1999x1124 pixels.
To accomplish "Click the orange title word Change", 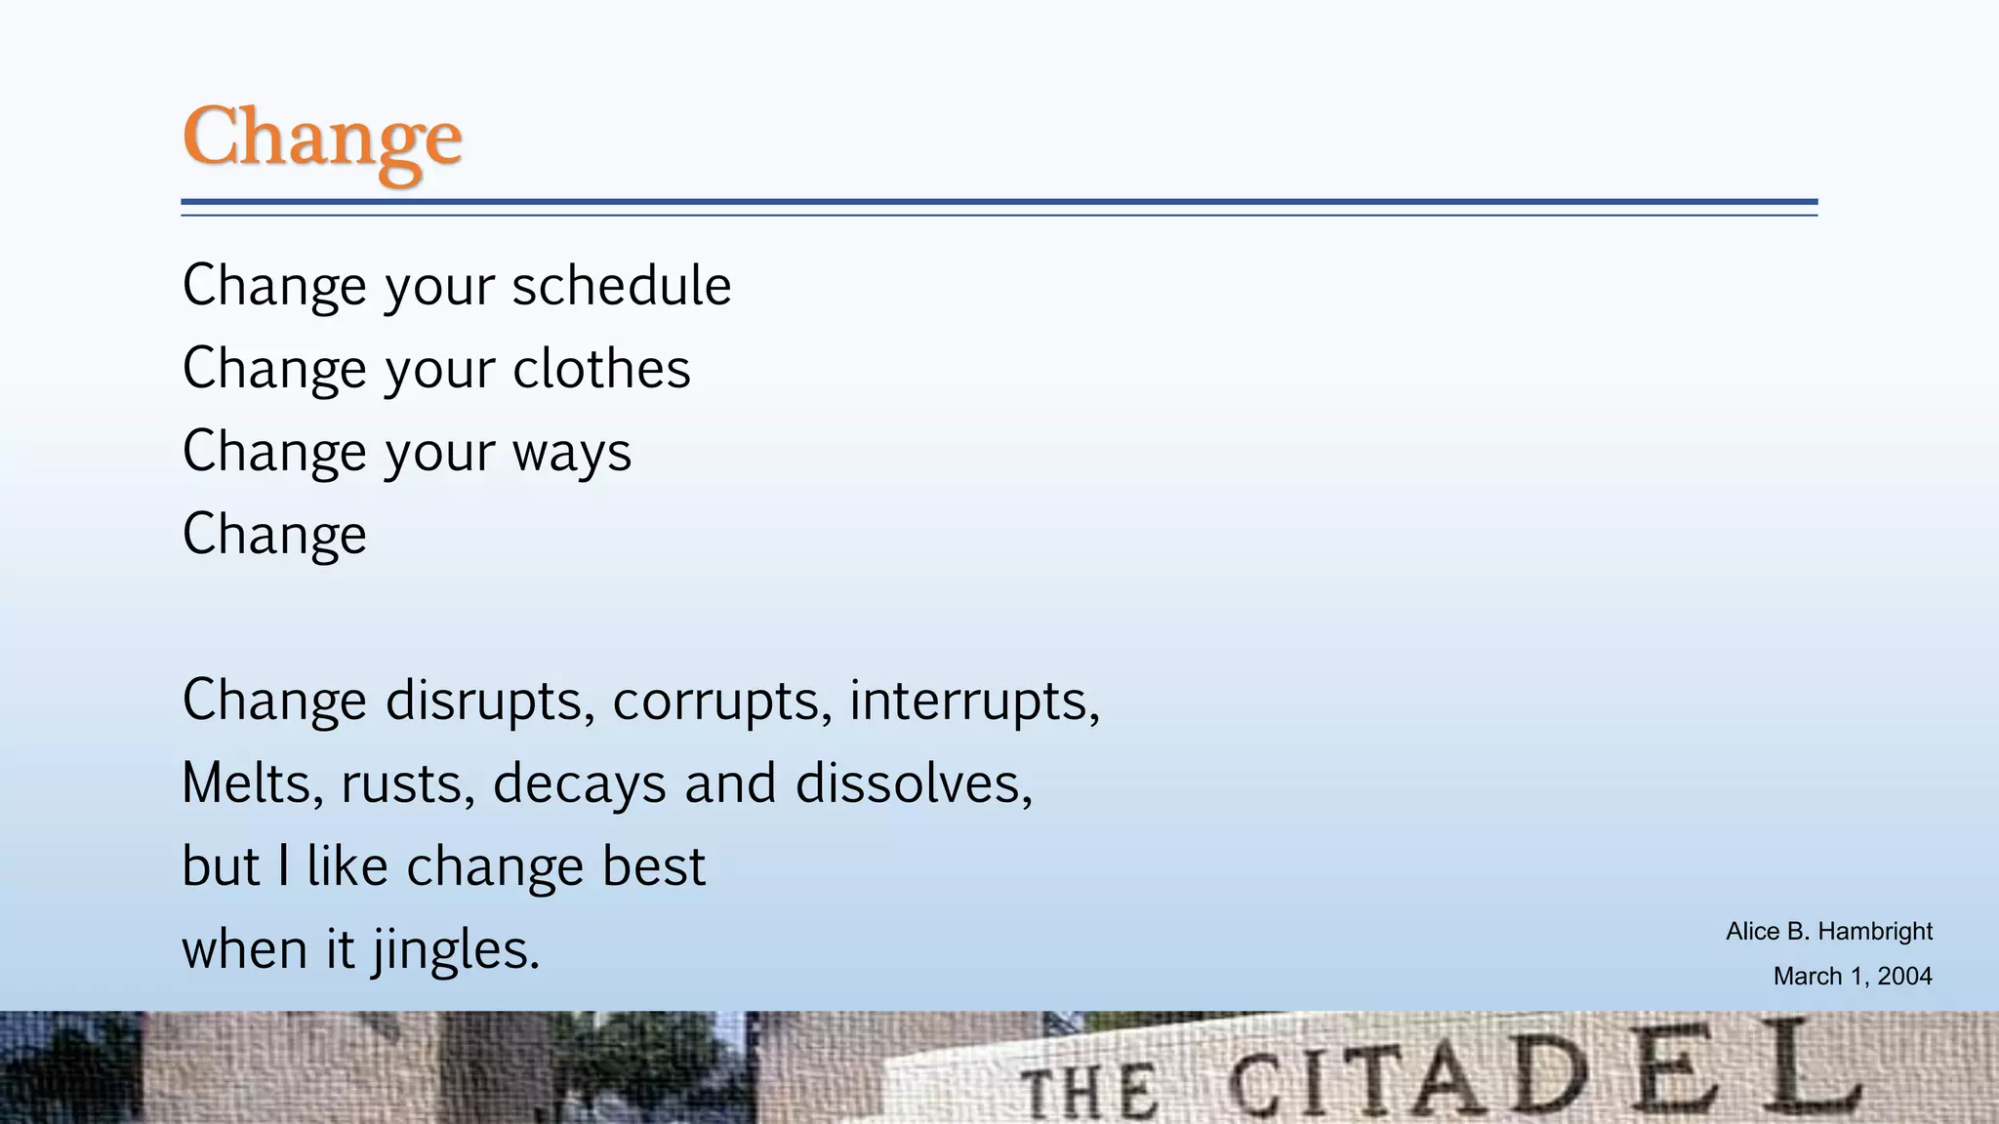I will [x=321, y=139].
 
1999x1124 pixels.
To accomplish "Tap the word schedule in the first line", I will [x=621, y=286].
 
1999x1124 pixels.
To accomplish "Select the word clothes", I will [x=601, y=369].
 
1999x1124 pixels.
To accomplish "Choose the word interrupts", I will [x=974, y=701].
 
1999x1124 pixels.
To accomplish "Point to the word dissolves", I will [x=914, y=783].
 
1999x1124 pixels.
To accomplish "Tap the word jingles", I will [x=456, y=950].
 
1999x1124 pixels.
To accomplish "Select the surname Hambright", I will [x=1875, y=932].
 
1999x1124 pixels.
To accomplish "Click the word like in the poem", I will [x=347, y=866].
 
